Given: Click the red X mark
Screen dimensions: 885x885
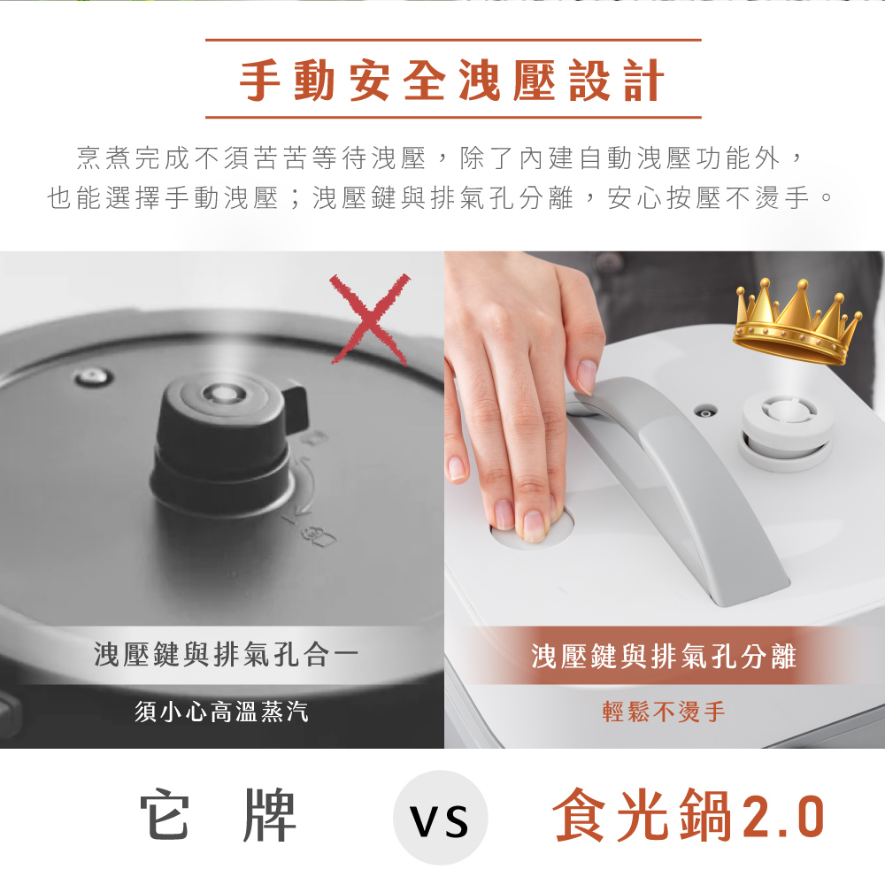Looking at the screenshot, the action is (370, 319).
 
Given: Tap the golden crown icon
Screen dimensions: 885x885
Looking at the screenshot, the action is (796, 322).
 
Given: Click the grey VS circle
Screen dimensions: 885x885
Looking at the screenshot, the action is (440, 818).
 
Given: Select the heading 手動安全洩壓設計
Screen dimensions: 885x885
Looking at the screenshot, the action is (452, 81).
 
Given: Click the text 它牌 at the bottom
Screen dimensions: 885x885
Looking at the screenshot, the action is (219, 815).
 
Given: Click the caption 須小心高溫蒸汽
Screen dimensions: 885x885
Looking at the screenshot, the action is (221, 712).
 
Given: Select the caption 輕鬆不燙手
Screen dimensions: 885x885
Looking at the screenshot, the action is (664, 712).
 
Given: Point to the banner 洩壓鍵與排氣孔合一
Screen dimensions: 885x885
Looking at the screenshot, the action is (227, 655).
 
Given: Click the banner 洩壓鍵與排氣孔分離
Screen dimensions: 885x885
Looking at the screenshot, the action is (664, 656).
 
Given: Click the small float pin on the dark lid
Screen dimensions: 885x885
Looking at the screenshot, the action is (92, 377).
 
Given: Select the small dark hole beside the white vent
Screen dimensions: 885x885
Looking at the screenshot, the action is (705, 412).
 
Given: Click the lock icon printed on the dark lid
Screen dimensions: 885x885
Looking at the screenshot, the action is (320, 535).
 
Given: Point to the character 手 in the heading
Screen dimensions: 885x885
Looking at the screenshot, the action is (260, 81).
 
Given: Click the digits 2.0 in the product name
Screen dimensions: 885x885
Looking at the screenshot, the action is (784, 817).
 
